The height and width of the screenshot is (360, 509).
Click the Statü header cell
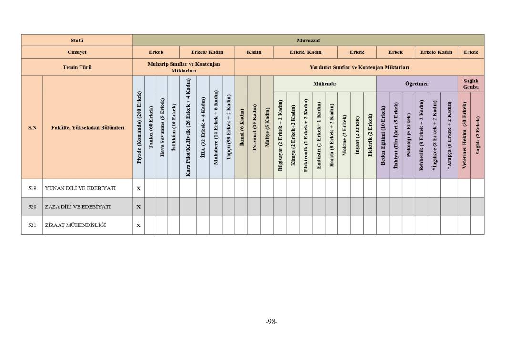77,40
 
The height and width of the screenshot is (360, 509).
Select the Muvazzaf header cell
308,40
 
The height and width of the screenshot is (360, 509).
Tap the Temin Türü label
77,67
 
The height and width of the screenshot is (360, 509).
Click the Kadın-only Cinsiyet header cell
254,52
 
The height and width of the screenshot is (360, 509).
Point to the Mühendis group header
325,84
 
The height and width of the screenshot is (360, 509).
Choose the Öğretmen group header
417,84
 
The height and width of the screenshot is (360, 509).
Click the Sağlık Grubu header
470,84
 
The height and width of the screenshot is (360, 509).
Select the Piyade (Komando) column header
139,128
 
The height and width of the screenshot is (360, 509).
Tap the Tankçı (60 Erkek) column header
151,128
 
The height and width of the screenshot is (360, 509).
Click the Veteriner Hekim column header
464,135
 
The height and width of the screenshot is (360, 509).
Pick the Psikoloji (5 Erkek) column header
408,135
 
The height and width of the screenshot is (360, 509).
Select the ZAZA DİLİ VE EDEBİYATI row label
77,207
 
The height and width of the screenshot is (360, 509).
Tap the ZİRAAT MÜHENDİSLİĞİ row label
75,225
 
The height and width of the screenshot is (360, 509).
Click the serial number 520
32,207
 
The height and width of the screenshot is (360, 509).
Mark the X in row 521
139,226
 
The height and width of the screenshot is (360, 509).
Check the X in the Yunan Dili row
139,189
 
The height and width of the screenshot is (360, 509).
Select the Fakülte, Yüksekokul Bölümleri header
88,128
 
